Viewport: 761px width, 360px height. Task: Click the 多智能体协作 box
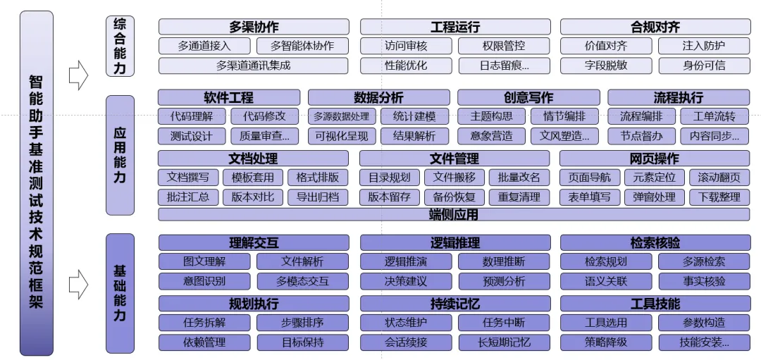tap(302, 46)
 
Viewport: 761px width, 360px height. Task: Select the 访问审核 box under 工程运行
tap(406, 46)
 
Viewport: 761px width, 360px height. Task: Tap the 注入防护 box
tap(703, 46)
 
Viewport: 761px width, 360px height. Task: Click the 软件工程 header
tap(229, 98)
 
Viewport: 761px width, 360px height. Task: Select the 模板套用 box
tap(253, 178)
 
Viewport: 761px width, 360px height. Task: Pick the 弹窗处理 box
tap(654, 197)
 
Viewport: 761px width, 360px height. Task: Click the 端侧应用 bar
tap(454, 215)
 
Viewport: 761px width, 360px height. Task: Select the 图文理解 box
tap(204, 262)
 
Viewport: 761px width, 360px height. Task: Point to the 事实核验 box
tap(704, 281)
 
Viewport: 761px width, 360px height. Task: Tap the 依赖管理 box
tap(204, 343)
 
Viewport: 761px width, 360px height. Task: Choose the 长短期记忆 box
tap(504, 343)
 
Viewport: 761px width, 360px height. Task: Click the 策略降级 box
tap(606, 343)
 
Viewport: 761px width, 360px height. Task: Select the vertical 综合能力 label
tap(120, 46)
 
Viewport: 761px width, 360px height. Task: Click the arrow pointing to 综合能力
tap(78, 74)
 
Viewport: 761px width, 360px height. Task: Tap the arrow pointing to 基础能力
tap(78, 284)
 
